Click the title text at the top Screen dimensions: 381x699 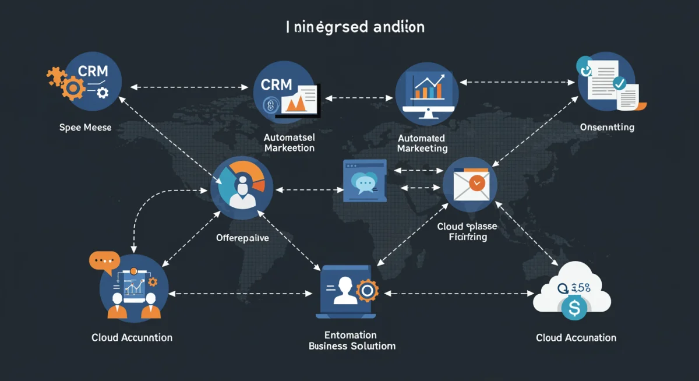355,27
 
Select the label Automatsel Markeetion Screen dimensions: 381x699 289,143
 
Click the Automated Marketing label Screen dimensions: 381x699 422,143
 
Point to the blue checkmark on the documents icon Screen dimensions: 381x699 620,83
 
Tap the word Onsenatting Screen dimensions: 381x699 607,127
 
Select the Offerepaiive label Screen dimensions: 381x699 242,238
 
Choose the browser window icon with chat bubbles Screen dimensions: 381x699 365,181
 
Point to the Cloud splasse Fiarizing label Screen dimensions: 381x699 468,232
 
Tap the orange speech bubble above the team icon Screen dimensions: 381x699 104,260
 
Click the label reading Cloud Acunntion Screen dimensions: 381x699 132,337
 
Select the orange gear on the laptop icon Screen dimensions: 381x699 368,290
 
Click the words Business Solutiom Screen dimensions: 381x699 352,346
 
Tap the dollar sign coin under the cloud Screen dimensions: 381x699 574,309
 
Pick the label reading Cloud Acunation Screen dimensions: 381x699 576,337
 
